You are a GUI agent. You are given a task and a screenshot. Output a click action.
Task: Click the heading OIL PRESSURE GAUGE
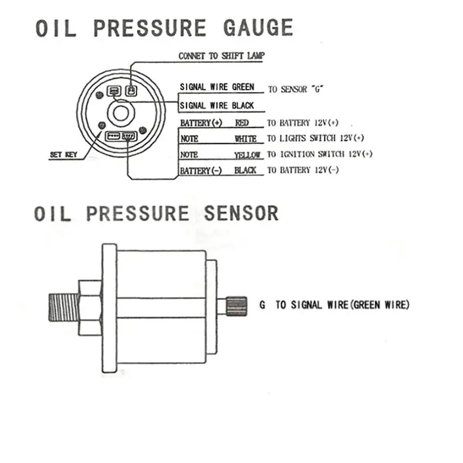[164, 28]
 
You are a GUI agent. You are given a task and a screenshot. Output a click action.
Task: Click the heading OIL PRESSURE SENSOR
[157, 213]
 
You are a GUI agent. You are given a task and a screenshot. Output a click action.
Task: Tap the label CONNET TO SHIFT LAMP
[221, 56]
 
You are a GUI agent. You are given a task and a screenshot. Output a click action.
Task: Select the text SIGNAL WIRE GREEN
[217, 87]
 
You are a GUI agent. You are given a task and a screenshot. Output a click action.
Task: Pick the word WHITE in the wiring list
[245, 139]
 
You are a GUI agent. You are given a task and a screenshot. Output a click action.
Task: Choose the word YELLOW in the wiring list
[247, 155]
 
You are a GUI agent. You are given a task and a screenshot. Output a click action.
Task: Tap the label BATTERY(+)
[201, 123]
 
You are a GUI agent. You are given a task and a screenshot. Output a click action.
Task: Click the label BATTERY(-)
[201, 171]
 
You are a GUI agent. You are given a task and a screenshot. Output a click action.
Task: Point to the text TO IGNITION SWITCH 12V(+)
[320, 154]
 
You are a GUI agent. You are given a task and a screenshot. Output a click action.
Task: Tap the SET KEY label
[63, 155]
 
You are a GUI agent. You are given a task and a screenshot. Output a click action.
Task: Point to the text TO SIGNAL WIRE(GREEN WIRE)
[342, 304]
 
